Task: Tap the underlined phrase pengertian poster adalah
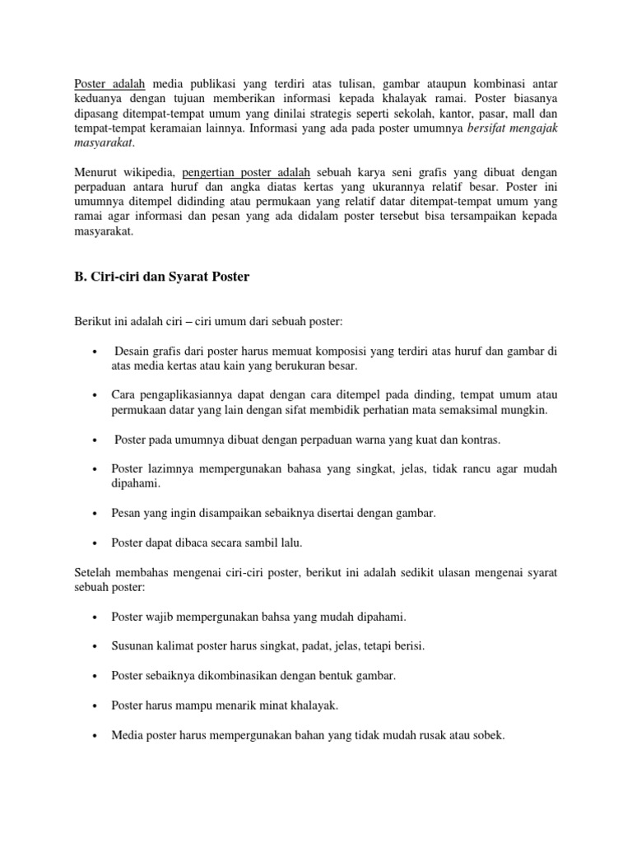(246, 172)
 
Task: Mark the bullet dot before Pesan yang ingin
(96, 513)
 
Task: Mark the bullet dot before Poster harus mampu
(96, 706)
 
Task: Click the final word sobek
(486, 734)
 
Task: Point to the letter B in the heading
(79, 277)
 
